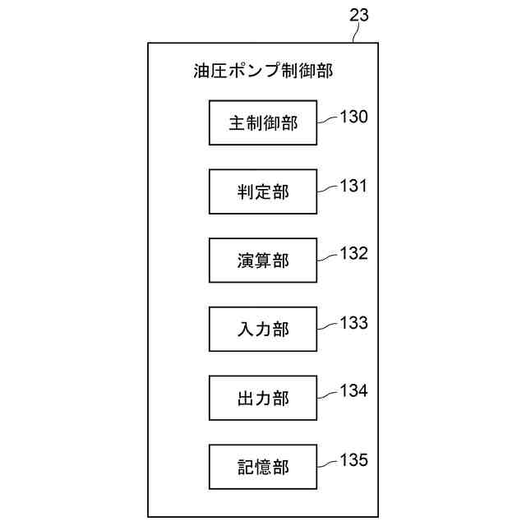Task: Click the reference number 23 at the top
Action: point(359,15)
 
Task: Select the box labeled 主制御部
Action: point(263,123)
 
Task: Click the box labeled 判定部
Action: point(263,191)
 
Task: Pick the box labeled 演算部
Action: point(263,261)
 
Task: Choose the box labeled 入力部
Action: point(263,330)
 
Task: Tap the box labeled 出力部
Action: point(263,399)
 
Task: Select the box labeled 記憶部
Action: point(263,467)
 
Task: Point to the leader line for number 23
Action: point(354,35)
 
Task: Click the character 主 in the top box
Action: point(238,124)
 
